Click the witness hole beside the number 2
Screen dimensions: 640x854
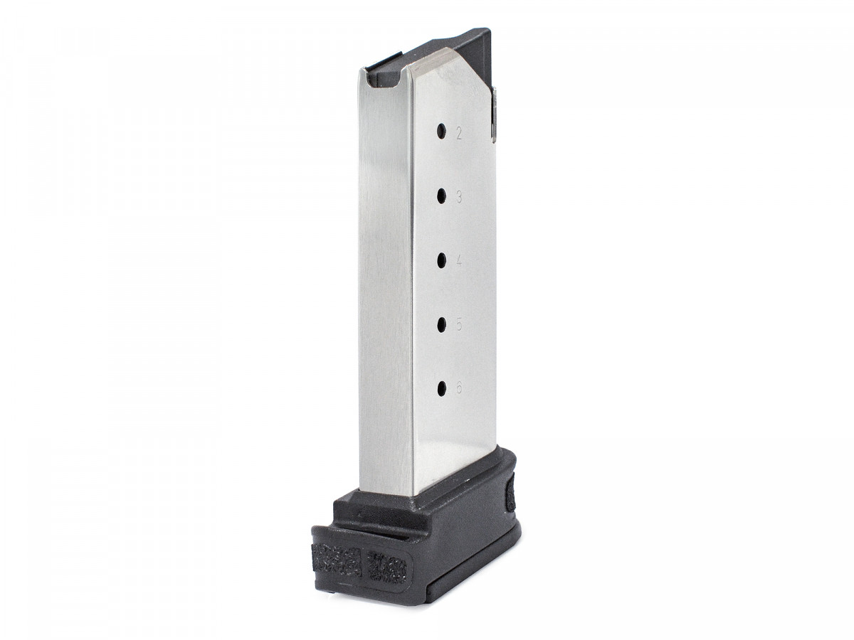(441, 131)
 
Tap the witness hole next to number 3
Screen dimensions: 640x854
(441, 195)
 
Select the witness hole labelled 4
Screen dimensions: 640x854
(441, 259)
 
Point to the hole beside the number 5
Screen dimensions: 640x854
(441, 324)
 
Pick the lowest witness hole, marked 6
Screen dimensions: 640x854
(441, 388)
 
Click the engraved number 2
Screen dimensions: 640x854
(459, 133)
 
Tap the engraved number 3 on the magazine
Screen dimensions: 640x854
(459, 197)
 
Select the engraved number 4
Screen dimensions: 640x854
(459, 261)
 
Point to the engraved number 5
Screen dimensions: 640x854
(459, 325)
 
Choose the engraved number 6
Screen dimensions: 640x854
(459, 389)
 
